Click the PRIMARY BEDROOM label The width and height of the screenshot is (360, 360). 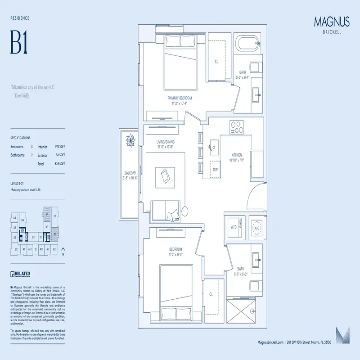180,98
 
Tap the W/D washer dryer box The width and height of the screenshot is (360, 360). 234,227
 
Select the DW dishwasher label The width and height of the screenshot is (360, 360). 216,170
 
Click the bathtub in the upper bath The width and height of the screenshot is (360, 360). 249,44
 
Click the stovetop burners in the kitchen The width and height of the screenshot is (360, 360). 237,127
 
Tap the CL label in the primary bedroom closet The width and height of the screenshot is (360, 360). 216,62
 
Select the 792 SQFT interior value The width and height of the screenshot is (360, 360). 59,147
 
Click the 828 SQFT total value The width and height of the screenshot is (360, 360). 59,164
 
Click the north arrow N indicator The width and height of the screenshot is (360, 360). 63,251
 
